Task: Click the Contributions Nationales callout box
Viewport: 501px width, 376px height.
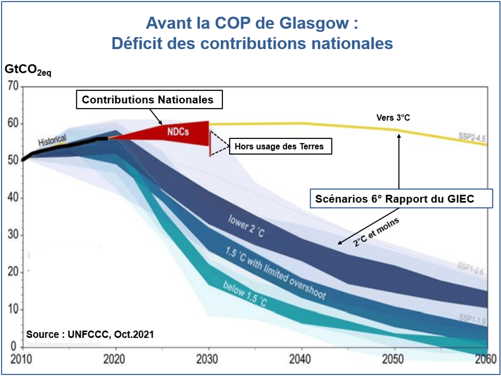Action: pos(149,100)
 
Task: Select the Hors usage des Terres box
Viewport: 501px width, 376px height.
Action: pos(279,146)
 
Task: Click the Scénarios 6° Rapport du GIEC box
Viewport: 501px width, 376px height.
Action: pos(401,198)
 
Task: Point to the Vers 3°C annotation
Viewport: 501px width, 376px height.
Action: pos(393,118)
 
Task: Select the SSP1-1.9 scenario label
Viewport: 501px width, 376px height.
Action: pos(472,318)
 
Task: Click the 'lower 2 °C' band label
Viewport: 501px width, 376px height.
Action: pos(247,226)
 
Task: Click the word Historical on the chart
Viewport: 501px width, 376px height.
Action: pos(52,140)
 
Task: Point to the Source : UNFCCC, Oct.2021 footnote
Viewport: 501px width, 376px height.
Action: pos(90,334)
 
